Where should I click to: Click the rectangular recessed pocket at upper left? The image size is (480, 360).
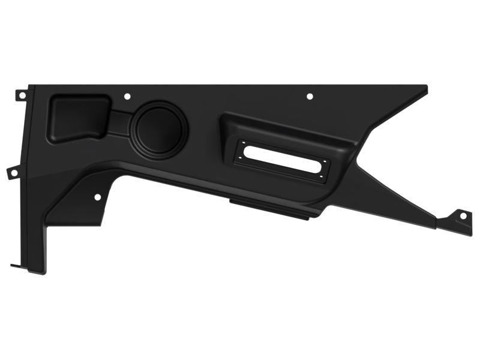(x=77, y=117)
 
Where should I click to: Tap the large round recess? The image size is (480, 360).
(x=160, y=127)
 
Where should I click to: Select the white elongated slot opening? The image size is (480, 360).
(x=282, y=157)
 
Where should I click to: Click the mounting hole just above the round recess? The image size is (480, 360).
(x=127, y=96)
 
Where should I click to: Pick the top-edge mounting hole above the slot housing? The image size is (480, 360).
(x=310, y=96)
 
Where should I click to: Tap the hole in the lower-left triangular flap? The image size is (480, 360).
(x=98, y=197)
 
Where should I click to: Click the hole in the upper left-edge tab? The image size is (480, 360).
(x=22, y=95)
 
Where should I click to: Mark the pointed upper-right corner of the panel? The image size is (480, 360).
(x=425, y=88)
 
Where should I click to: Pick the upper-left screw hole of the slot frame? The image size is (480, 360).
(x=244, y=143)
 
